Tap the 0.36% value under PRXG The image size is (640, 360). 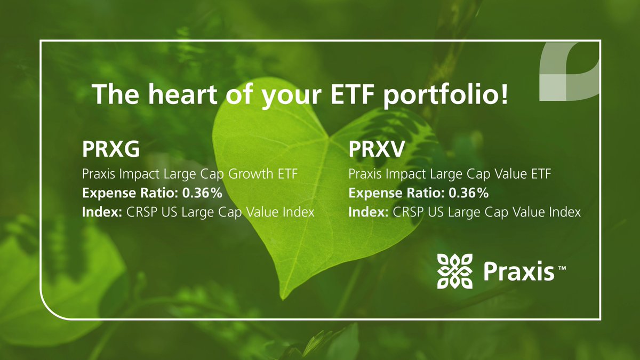[205, 193]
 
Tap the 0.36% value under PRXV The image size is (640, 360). [471, 193]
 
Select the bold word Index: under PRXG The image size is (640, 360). [102, 212]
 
